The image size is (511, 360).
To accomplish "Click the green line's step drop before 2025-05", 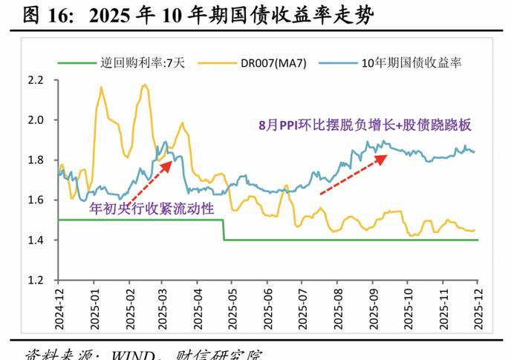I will (224, 230).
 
